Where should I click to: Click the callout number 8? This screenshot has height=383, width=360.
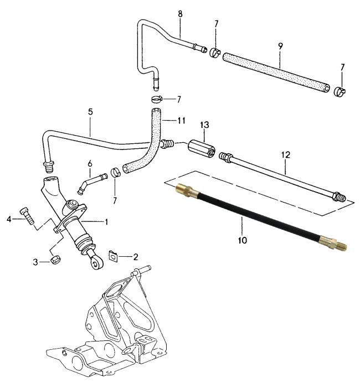[180, 13]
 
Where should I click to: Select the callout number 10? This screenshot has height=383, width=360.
[242, 241]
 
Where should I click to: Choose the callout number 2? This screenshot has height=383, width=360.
[136, 257]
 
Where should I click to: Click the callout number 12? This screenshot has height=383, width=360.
[285, 156]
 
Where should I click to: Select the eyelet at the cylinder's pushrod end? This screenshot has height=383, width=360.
[96, 264]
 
